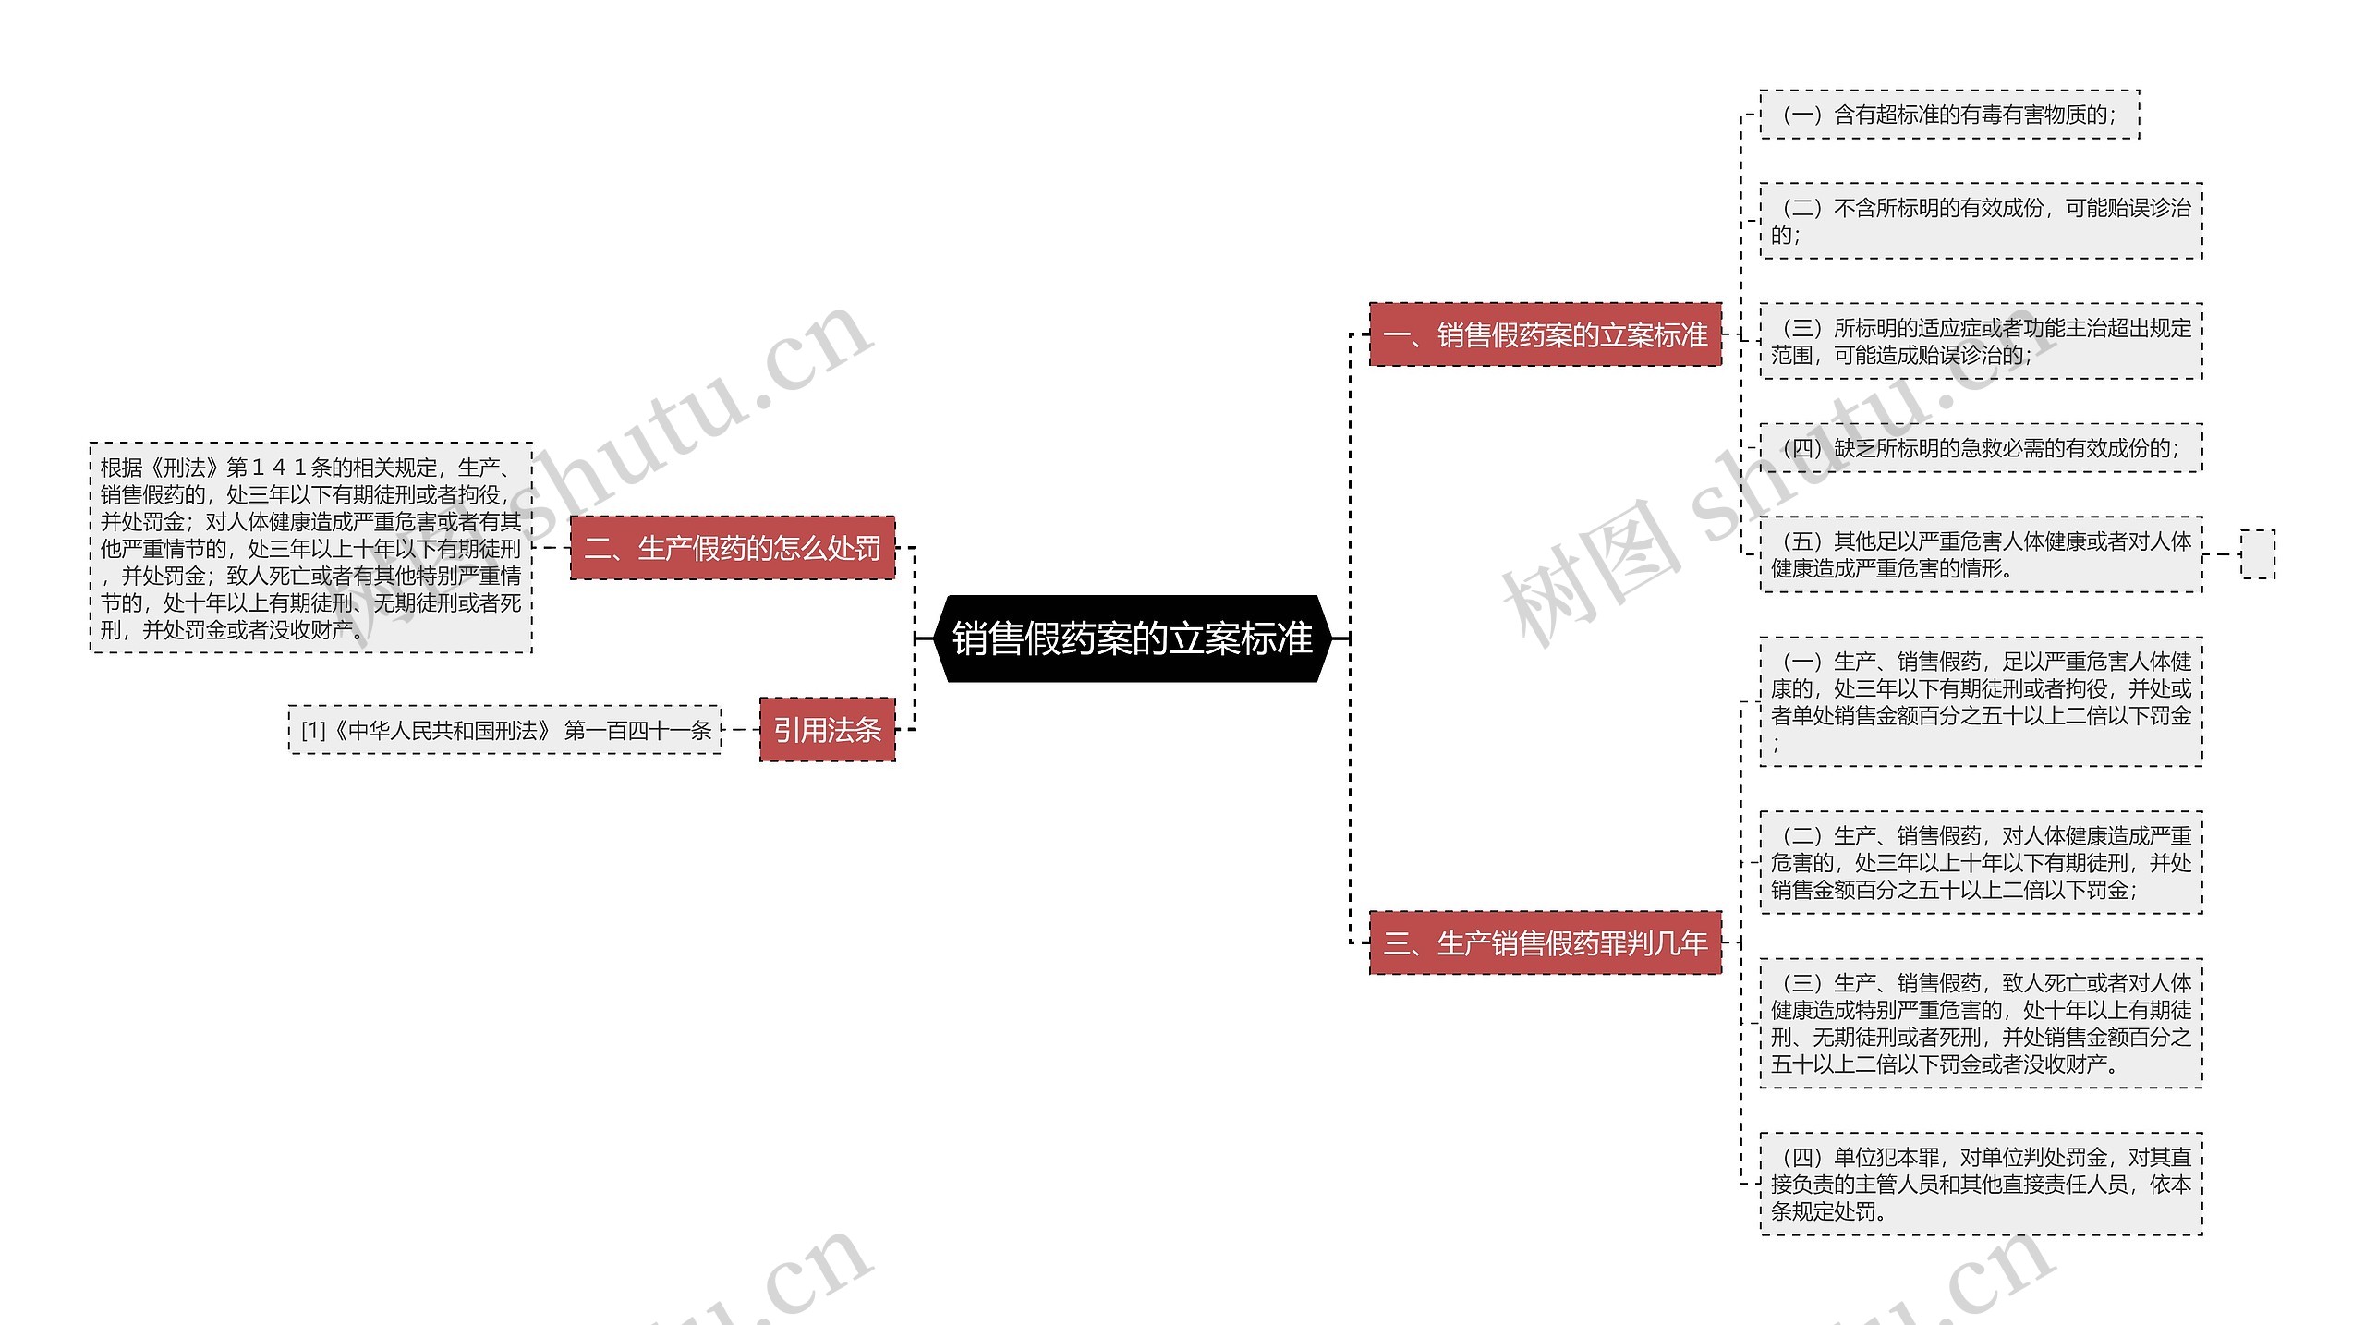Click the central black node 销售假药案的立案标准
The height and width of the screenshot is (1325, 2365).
tap(1132, 638)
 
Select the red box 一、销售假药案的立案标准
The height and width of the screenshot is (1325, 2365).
tap(1545, 334)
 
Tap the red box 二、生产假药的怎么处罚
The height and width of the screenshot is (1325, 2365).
tap(733, 548)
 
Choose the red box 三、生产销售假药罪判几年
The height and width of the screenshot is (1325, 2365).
tap(1545, 942)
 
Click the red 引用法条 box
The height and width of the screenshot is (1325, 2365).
tap(827, 730)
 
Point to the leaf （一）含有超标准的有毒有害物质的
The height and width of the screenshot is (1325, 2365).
tap(1949, 115)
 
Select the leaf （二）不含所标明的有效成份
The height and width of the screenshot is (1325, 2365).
tap(1981, 221)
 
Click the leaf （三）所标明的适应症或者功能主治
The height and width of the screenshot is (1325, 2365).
tap(1981, 341)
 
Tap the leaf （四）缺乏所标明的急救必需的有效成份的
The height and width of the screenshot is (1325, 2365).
tap(1981, 448)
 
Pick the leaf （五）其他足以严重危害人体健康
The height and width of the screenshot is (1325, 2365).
tap(1981, 554)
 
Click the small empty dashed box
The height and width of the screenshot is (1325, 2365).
tap(2257, 554)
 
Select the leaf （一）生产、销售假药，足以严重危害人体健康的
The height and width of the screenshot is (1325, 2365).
tap(1981, 701)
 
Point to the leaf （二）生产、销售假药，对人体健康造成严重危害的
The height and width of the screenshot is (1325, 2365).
tap(1981, 862)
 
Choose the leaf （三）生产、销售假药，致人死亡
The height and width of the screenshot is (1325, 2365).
tap(1981, 1023)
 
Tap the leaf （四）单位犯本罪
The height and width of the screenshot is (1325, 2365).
tap(1981, 1184)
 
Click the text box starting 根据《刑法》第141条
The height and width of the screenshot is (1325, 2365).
tap(311, 548)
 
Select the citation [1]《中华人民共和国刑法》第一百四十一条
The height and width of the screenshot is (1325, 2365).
tap(504, 730)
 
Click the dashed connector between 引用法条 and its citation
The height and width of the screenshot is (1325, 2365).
tap(740, 730)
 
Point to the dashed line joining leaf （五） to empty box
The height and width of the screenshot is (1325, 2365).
tap(2222, 554)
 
